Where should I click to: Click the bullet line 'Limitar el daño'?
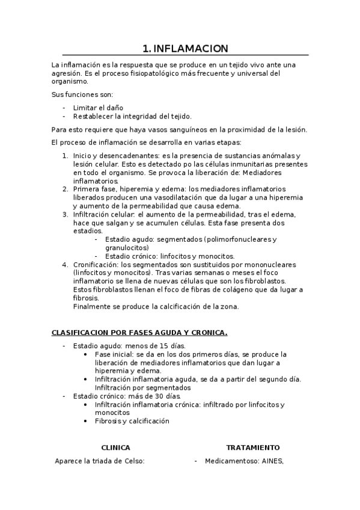(99, 107)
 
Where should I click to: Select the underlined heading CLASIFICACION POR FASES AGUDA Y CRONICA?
(139, 332)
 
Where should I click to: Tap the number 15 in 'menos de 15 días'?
(148, 346)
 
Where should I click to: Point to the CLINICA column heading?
(115, 447)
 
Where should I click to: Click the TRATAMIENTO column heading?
(252, 447)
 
